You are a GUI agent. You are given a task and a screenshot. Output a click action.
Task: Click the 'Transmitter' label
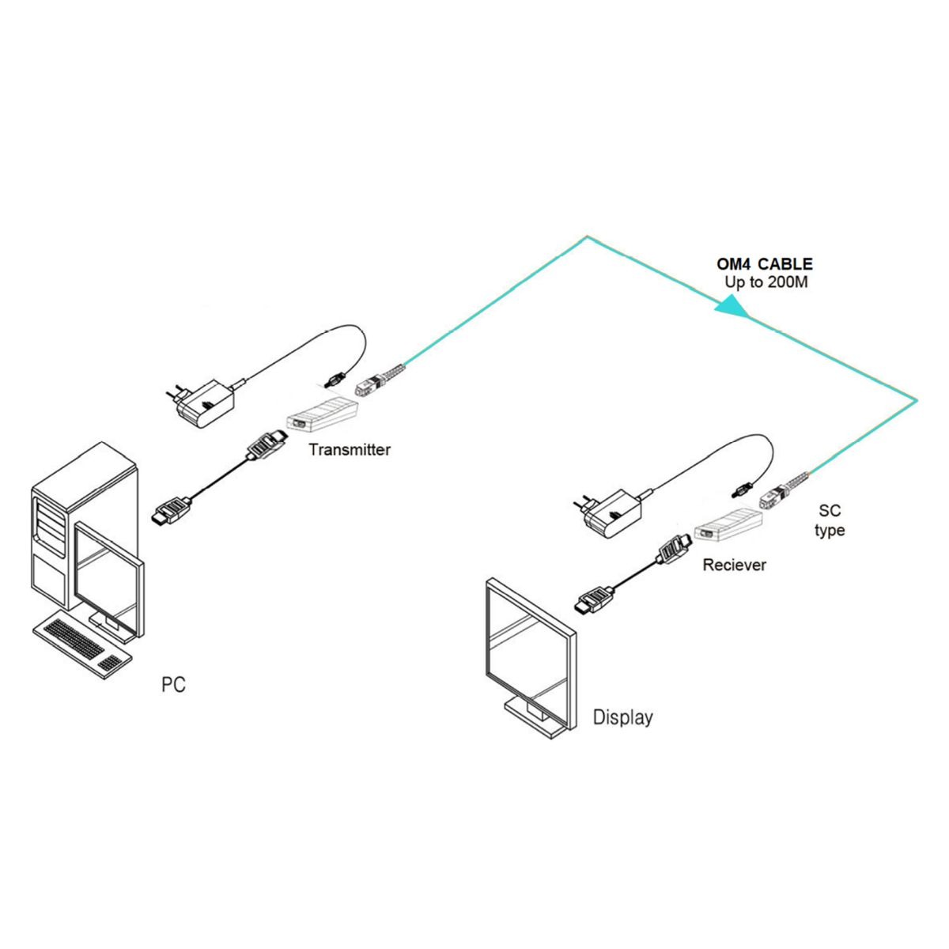pos(350,450)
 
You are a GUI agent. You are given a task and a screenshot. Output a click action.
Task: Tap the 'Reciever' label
pos(734,565)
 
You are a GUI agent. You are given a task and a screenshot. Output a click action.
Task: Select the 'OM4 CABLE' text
pos(765,264)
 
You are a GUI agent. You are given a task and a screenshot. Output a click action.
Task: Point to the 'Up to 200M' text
pos(766,282)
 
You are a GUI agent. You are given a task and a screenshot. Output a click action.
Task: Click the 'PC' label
pos(173,684)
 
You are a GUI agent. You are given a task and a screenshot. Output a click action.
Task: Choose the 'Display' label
pos(623,717)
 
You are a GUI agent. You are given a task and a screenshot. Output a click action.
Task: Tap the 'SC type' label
pos(830,521)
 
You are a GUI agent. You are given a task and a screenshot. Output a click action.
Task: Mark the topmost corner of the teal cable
pos(587,236)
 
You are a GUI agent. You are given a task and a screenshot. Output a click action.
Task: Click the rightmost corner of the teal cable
pos(917,399)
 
